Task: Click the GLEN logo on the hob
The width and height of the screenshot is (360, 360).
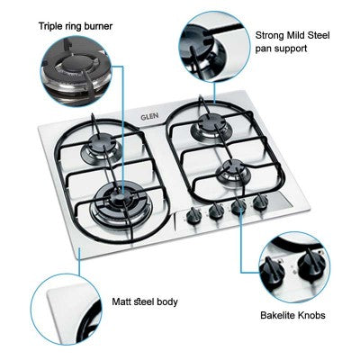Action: [149, 116]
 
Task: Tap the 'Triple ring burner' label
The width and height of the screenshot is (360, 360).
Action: [76, 26]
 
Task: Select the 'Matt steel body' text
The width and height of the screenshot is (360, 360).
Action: [145, 301]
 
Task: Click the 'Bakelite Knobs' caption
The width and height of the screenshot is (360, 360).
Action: [292, 315]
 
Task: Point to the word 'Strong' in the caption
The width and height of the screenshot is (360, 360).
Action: [269, 35]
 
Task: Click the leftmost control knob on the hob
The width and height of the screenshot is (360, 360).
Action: [193, 216]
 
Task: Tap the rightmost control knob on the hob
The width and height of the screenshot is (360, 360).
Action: [260, 202]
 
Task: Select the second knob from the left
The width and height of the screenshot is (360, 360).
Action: [216, 211]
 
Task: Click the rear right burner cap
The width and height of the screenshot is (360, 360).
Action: [208, 121]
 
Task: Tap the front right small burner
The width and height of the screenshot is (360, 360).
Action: [233, 172]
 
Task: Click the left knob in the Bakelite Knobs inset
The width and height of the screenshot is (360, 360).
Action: [271, 271]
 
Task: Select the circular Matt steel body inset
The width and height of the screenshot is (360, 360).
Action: [67, 310]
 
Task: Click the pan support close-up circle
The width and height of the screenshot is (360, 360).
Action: [214, 46]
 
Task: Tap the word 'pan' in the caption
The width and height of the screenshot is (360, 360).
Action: [263, 49]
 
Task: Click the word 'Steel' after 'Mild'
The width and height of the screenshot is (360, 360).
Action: [319, 35]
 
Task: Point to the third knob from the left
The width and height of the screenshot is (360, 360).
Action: [239, 206]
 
